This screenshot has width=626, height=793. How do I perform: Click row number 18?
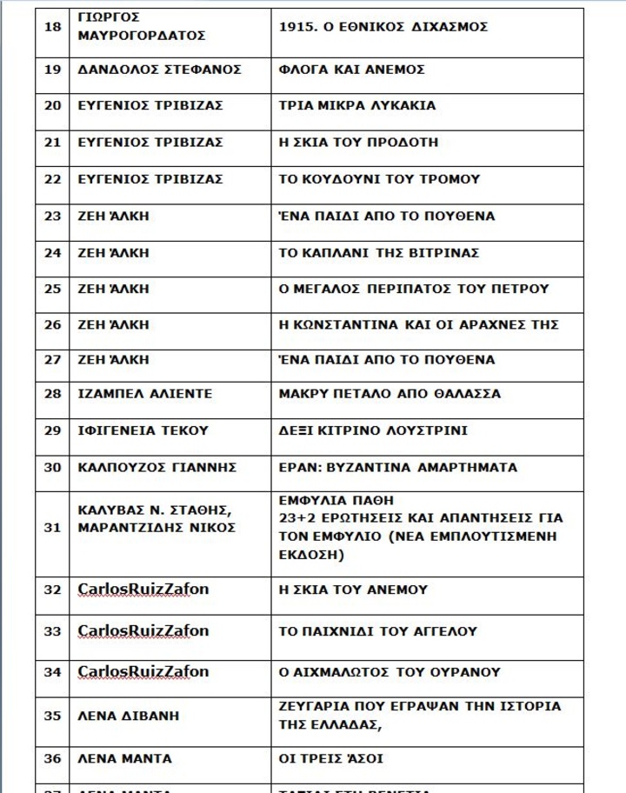point(52,27)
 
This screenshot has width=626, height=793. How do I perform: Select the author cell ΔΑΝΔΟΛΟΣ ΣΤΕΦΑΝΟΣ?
point(159,70)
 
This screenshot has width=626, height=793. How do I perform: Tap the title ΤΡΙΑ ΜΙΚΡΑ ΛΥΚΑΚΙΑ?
point(356,106)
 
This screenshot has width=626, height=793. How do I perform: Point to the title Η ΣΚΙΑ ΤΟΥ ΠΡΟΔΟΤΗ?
point(358,143)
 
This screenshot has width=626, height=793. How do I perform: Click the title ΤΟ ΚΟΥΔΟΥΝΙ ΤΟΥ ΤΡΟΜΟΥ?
point(379,179)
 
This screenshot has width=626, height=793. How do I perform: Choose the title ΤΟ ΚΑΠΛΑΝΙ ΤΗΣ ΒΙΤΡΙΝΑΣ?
point(378,253)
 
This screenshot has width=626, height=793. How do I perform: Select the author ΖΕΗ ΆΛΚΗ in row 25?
point(113,289)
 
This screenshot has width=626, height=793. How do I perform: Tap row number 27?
point(52,359)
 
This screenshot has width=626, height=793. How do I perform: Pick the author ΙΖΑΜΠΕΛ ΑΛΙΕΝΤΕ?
point(144,394)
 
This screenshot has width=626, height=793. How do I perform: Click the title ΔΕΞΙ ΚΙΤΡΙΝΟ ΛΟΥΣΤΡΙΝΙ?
point(373,430)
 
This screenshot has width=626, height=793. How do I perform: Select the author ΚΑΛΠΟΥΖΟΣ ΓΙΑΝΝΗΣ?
point(156,467)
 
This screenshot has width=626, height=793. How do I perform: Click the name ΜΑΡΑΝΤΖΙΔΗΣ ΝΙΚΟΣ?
point(156,528)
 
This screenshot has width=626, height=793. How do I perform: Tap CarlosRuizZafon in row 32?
point(143,590)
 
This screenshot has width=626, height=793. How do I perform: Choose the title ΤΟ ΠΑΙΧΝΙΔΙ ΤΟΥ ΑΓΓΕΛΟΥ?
point(377,631)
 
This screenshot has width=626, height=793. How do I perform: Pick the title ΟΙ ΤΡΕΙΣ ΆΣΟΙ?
point(331,759)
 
